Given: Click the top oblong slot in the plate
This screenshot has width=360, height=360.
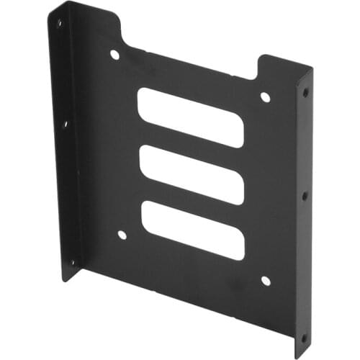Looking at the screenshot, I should (x=190, y=117).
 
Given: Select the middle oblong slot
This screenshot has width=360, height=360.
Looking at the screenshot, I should (x=192, y=174).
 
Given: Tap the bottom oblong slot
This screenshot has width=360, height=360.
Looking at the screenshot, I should (x=193, y=230).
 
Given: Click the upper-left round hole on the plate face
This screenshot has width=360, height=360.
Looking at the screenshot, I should (x=114, y=55).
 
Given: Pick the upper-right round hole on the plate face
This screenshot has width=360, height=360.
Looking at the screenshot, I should (x=265, y=97).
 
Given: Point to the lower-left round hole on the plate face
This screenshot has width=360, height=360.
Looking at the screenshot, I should (x=122, y=235).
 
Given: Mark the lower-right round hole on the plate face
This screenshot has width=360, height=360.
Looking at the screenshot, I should (x=265, y=281).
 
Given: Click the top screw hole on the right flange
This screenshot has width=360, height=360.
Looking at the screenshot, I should (x=305, y=93).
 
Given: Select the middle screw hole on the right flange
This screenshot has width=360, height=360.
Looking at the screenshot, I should (x=305, y=195).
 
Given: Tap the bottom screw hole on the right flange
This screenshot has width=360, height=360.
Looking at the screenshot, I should (x=304, y=336).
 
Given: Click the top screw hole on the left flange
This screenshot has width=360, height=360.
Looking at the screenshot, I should (x=59, y=23).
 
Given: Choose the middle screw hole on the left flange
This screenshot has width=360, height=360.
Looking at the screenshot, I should (x=64, y=124).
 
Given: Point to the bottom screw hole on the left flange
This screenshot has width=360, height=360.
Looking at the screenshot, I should (x=71, y=263).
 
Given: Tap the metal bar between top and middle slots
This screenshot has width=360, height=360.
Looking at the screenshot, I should (x=191, y=145).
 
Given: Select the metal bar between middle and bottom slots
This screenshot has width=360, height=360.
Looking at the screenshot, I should (x=192, y=202).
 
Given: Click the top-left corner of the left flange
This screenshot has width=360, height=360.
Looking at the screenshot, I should (x=50, y=9).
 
